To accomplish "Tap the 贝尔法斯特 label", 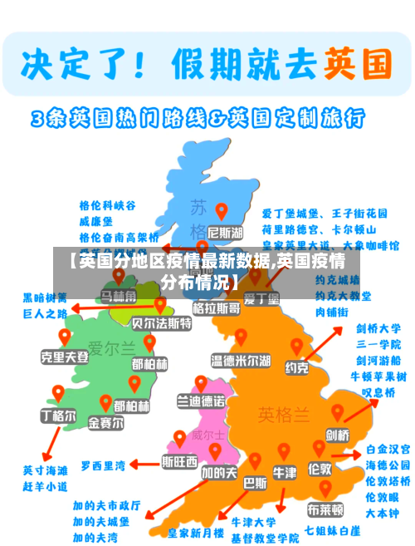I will [x=162, y=322].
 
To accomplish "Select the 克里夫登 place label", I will [x=64, y=356].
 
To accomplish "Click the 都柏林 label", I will [x=149, y=364].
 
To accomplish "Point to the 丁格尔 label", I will [x=57, y=414].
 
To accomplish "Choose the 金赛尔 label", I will [x=106, y=422].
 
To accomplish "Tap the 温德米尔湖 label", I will [x=240, y=361].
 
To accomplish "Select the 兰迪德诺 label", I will [x=200, y=401].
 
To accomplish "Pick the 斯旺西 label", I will [x=179, y=460].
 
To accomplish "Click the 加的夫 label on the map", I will [x=219, y=472].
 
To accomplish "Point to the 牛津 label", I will [x=285, y=472].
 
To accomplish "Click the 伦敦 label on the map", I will [x=320, y=469].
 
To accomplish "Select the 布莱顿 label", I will [x=325, y=508].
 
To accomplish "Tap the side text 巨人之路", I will [x=46, y=313].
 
